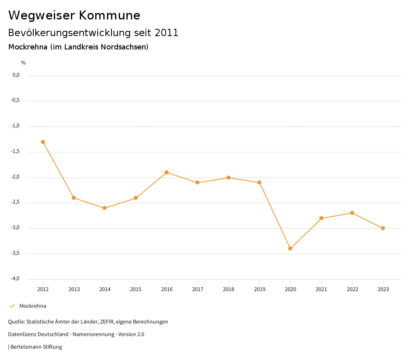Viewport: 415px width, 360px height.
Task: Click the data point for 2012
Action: (43, 142)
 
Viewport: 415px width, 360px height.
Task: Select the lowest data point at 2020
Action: (290, 249)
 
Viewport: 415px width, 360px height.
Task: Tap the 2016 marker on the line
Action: (167, 172)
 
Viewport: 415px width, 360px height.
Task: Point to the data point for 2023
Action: (383, 228)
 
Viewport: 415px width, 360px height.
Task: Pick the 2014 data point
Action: (105, 208)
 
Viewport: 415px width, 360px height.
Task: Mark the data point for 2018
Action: (229, 178)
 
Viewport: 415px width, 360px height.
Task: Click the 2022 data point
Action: (352, 213)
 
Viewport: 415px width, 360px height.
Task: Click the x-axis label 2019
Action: (259, 289)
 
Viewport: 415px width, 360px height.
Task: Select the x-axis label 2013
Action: (74, 289)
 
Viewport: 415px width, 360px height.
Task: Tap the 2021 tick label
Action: (321, 289)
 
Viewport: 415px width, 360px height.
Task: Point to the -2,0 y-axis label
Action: (15, 177)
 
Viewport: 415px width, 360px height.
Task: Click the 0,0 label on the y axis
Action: (16, 75)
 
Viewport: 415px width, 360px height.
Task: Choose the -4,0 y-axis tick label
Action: (15, 279)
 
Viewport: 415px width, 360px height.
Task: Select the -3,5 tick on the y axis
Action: (15, 253)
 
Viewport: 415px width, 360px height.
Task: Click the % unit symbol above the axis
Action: (24, 63)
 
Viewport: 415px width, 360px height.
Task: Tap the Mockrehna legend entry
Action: (32, 306)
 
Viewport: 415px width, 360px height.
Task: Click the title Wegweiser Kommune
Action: (74, 15)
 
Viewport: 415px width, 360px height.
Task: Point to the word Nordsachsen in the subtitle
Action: (123, 47)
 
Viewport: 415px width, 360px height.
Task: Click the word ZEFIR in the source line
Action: (105, 322)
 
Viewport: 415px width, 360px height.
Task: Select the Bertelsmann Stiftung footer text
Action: (36, 347)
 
